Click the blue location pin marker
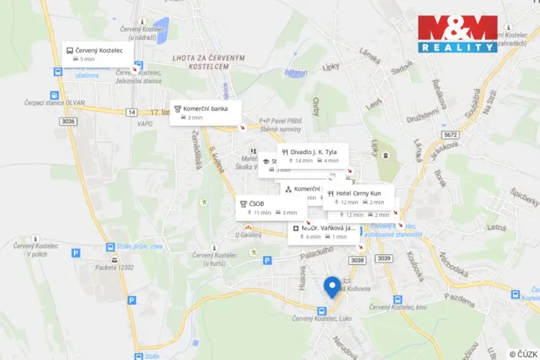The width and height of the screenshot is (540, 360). (x=332, y=286)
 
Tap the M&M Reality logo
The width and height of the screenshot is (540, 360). (x=458, y=34)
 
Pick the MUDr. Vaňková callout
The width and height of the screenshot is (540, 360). (x=323, y=232)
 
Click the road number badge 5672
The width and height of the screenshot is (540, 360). (x=450, y=135)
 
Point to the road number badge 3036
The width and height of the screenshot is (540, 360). (x=68, y=121)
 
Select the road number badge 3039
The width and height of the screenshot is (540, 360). (x=383, y=259)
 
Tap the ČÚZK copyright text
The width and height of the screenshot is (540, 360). (x=523, y=353)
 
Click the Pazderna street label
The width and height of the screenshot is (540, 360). (x=459, y=296)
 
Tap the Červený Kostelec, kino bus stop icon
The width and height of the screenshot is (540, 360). (x=398, y=300)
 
